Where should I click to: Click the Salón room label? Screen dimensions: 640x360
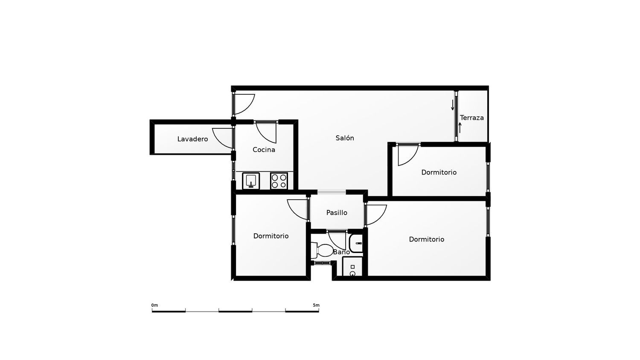click(345, 138)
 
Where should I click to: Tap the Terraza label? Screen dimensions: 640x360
click(472, 118)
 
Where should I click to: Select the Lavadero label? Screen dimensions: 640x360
click(192, 139)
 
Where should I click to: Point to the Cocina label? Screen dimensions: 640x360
click(264, 150)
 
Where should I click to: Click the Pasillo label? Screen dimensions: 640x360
click(337, 212)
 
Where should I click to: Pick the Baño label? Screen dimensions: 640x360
click(341, 252)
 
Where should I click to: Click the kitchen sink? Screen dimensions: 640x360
click(251, 181)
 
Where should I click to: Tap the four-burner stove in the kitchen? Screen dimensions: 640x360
click(279, 181)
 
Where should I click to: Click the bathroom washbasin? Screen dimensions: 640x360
click(356, 243)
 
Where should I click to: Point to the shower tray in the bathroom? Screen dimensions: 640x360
click(352, 266)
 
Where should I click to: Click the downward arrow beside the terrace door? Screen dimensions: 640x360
click(453, 105)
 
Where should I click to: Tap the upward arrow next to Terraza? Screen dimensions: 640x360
click(460, 128)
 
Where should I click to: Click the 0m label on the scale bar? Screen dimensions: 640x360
click(154, 305)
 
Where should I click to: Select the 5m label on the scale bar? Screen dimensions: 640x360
click(316, 305)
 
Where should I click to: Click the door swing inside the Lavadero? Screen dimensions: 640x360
click(218, 142)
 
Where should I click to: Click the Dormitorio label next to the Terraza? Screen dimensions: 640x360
click(439, 172)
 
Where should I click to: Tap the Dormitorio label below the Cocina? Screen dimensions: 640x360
click(271, 236)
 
